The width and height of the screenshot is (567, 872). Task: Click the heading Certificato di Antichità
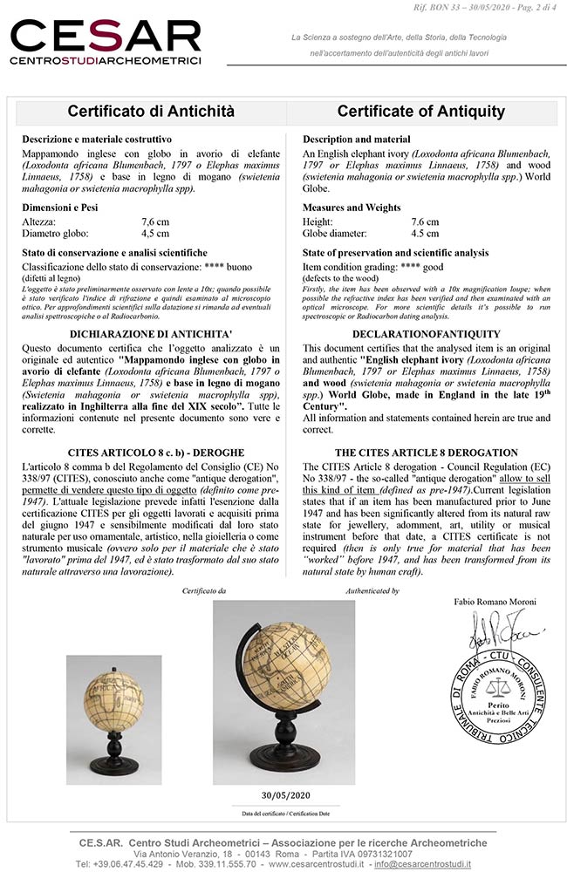(152, 112)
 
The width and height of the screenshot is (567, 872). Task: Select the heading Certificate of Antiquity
(421, 112)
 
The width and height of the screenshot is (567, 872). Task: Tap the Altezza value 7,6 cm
(157, 222)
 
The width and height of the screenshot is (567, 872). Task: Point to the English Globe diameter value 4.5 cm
(425, 234)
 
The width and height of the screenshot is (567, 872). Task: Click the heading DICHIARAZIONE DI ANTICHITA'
(152, 334)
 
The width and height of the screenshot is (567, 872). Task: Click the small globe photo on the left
(101, 707)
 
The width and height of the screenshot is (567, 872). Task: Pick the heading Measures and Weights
(352, 208)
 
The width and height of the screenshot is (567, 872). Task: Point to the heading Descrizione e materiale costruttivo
(97, 140)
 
